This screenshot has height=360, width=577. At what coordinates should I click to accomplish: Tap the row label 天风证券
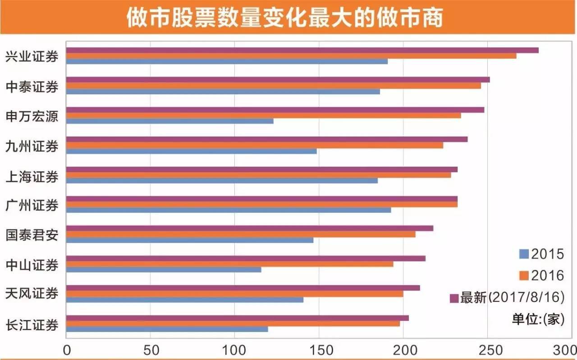32,294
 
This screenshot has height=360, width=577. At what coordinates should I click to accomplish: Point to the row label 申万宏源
32,116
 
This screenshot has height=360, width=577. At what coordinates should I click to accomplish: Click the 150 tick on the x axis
319,350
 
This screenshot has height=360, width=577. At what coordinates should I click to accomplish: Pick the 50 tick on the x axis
150,350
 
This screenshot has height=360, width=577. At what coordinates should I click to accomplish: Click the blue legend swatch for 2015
524,254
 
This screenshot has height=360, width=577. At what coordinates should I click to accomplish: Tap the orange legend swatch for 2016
524,275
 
